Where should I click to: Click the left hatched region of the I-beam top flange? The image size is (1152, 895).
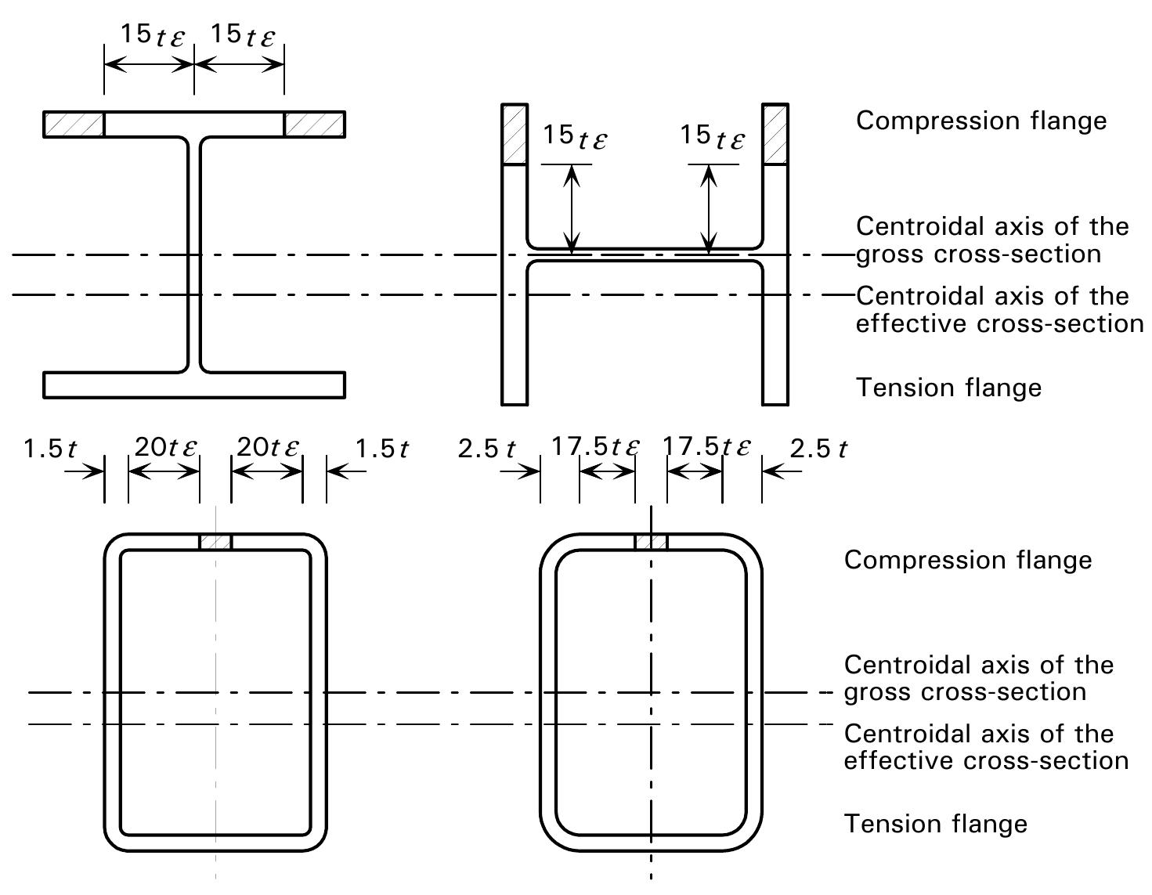[74, 125]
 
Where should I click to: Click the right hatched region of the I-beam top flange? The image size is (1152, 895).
[315, 125]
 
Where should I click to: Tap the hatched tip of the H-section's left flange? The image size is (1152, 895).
[515, 135]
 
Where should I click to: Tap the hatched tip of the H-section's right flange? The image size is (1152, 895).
[775, 135]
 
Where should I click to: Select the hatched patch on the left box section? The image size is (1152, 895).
[216, 542]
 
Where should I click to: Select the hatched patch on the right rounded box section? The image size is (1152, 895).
[651, 542]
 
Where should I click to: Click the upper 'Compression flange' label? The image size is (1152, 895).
[981, 121]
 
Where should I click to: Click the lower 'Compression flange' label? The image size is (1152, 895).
[968, 560]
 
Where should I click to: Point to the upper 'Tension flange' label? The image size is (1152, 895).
[949, 388]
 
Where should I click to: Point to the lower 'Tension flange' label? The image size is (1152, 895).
[936, 824]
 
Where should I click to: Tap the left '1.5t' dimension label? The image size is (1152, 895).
[50, 449]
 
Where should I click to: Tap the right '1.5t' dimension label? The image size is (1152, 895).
[381, 449]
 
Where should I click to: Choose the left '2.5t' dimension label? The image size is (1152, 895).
[486, 449]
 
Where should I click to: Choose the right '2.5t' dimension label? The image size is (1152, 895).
[819, 449]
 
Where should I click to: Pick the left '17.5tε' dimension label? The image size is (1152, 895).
[596, 446]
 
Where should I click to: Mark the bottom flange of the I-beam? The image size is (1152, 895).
[194, 384]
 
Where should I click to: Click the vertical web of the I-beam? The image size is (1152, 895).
[194, 255]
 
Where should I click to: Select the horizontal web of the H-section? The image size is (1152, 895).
[645, 255]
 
